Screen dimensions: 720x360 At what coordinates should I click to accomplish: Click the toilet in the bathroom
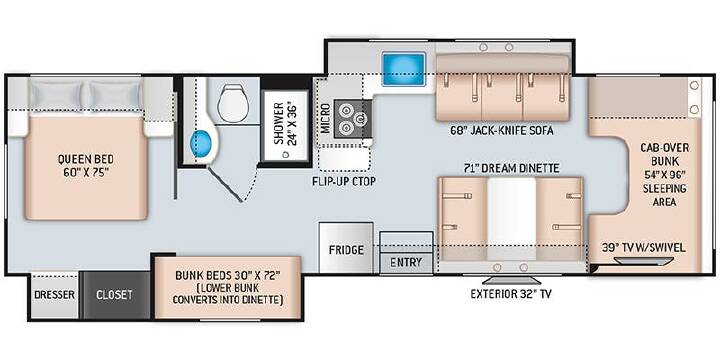[x=233, y=103]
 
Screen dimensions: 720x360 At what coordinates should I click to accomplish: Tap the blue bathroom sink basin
[x=201, y=143]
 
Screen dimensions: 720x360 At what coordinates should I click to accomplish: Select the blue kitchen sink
[x=404, y=69]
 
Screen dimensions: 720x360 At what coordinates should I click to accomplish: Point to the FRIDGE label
[x=346, y=250]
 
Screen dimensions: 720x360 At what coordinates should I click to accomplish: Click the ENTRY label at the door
[x=406, y=262]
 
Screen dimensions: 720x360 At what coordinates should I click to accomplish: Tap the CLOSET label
[x=114, y=295]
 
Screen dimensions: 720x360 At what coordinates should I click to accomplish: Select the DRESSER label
[x=54, y=295]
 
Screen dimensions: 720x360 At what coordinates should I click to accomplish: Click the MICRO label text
[x=326, y=118]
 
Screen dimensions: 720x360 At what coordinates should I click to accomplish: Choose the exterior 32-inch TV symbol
[x=510, y=281]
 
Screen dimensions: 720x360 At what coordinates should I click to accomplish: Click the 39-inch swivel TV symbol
[x=643, y=261]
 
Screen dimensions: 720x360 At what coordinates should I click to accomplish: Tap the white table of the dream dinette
[x=512, y=219]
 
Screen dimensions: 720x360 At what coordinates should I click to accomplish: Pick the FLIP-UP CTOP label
[x=344, y=181]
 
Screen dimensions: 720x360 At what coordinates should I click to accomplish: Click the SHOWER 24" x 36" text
[x=285, y=124]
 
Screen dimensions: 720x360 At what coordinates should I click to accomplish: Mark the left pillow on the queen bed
[x=56, y=96]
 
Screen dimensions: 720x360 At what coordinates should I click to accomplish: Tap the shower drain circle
[x=286, y=156]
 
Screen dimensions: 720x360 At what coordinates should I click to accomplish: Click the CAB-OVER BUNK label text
[x=664, y=155]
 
